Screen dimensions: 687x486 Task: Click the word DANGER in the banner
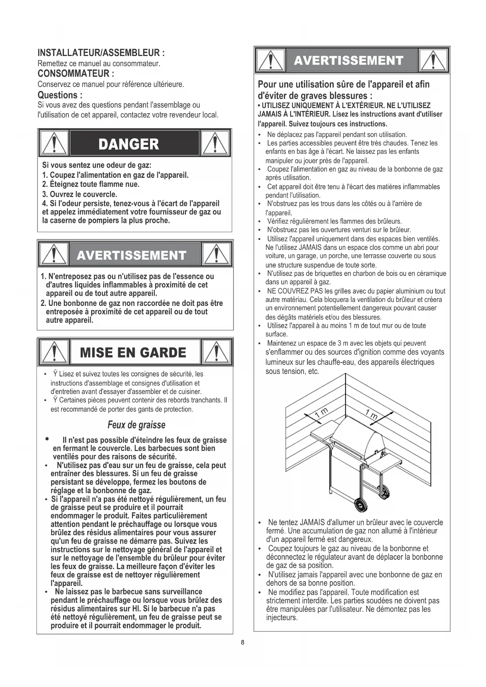pos(129,144)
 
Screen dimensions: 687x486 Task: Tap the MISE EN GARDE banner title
pos(133,353)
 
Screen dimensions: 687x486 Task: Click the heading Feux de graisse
pos(136,425)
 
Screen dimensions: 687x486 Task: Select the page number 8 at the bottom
pos(243,642)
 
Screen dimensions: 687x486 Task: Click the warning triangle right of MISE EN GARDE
pos(217,352)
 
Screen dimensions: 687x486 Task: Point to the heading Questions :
pos(60,95)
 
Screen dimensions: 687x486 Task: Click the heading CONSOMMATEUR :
pos(76,74)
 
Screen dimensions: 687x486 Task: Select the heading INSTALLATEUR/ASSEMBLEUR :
pos(101,53)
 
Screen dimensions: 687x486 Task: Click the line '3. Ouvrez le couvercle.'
pos(79,194)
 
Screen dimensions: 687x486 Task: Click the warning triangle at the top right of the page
pos(434,61)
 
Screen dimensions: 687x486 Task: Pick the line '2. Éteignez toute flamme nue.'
pos(91,184)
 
